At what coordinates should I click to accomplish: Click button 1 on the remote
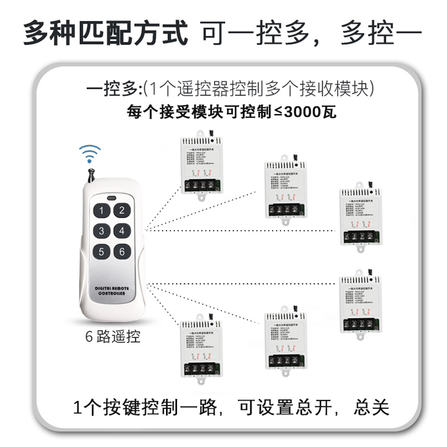click(101, 211)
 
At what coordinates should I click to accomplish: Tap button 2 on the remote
click(121, 210)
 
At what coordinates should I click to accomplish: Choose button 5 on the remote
click(101, 251)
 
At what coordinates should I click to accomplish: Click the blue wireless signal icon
click(89, 151)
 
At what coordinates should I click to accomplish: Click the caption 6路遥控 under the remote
click(112, 337)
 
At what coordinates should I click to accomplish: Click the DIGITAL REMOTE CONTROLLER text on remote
click(111, 289)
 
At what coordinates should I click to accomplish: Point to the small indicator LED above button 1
click(111, 198)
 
